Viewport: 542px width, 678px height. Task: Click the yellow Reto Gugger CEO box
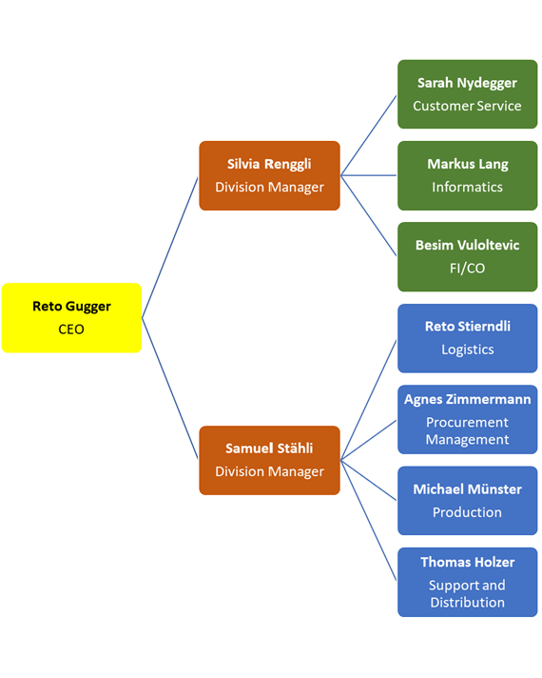coord(71,318)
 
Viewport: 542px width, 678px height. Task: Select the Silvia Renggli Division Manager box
coord(269,175)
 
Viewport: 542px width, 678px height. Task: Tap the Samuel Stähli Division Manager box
coord(269,460)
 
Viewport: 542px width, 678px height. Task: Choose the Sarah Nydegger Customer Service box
coord(467,94)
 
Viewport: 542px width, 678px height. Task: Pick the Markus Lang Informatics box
coord(467,175)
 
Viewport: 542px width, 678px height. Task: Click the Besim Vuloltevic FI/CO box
coord(467,257)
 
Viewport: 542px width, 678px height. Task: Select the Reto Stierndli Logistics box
coord(467,338)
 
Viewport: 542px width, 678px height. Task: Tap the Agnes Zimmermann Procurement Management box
coord(467,419)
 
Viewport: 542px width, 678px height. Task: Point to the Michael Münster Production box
coord(467,501)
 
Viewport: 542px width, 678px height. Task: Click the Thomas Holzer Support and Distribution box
coord(467,582)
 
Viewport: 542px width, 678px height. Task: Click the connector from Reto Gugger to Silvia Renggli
coord(170,247)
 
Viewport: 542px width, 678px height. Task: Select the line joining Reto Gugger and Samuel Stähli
coord(170,389)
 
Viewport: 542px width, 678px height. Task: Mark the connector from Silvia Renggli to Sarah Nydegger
coord(369,135)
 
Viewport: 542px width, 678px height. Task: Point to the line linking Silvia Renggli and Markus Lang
coord(369,175)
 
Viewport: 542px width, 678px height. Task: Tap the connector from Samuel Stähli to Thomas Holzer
coord(369,521)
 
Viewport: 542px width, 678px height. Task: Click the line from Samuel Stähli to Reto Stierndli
coord(369,399)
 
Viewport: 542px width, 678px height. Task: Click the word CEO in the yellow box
coord(71,329)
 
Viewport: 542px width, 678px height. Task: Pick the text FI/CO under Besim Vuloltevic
coord(467,269)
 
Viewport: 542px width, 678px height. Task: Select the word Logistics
coord(467,349)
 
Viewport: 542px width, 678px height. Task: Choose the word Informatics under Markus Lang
coord(467,187)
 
